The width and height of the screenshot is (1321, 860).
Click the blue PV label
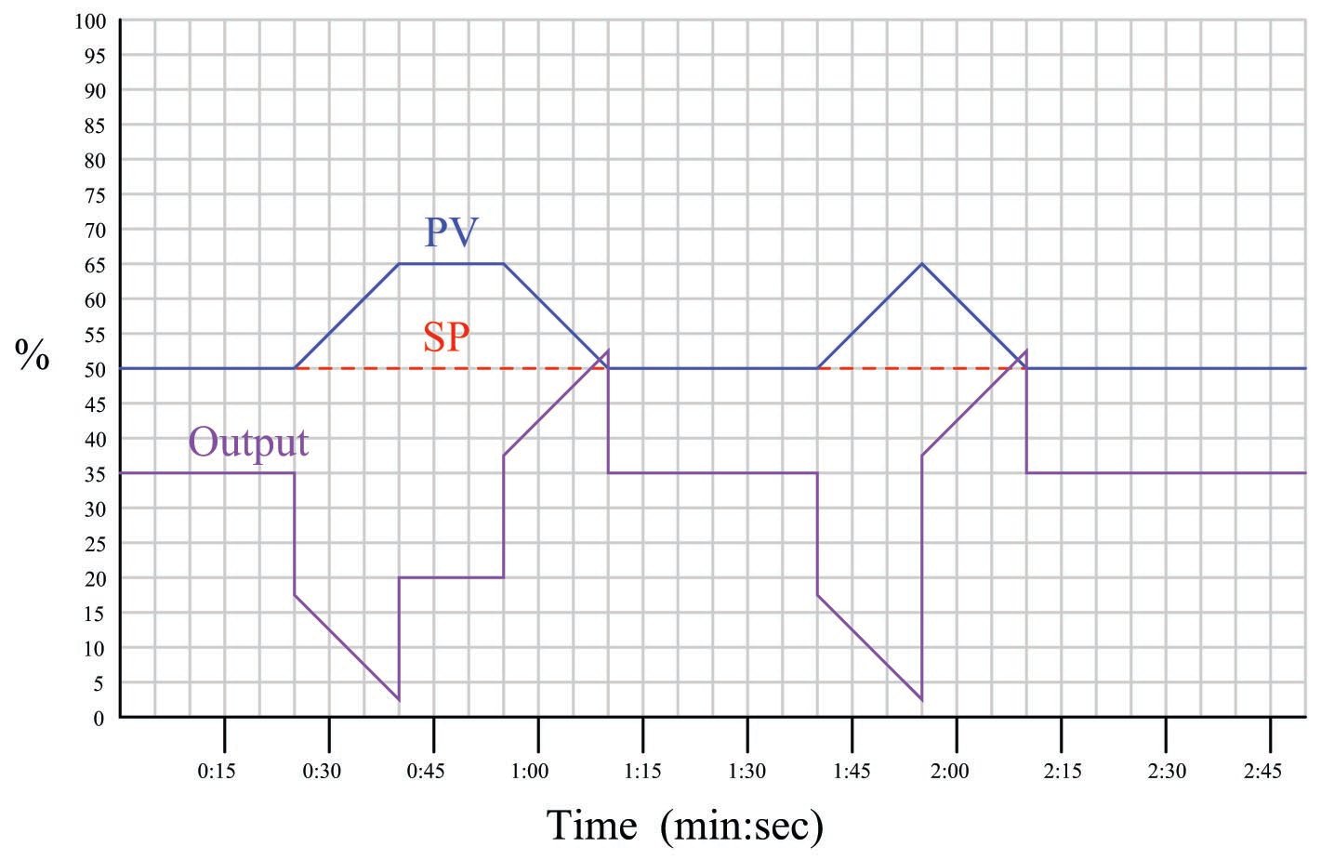pyautogui.click(x=451, y=232)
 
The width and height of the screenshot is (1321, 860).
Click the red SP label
pyautogui.click(x=445, y=337)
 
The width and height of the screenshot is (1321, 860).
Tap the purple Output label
pyautogui.click(x=248, y=442)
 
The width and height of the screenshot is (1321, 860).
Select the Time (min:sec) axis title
pyautogui.click(x=684, y=825)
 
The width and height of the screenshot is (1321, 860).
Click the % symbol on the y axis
pyautogui.click(x=33, y=355)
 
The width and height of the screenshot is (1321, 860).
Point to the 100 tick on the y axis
pyautogui.click(x=90, y=21)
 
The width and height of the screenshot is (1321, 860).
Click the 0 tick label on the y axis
pyautogui.click(x=99, y=718)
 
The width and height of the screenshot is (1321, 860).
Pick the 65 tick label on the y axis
pyautogui.click(x=96, y=265)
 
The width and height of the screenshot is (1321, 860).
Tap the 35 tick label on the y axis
pyautogui.click(x=96, y=474)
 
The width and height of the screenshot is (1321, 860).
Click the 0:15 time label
pyautogui.click(x=218, y=772)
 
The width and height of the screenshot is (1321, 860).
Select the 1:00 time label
pyautogui.click(x=531, y=772)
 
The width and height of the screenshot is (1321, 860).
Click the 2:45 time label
pyautogui.click(x=1262, y=772)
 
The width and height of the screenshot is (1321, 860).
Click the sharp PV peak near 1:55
pyautogui.click(x=922, y=264)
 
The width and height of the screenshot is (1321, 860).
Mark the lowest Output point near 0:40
pyautogui.click(x=399, y=699)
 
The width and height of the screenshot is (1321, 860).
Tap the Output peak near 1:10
pyautogui.click(x=608, y=351)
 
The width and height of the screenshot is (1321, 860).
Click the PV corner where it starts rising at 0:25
pyautogui.click(x=295, y=368)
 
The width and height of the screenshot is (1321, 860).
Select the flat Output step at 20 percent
pyautogui.click(x=451, y=577)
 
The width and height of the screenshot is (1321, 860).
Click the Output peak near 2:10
pyautogui.click(x=1026, y=351)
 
